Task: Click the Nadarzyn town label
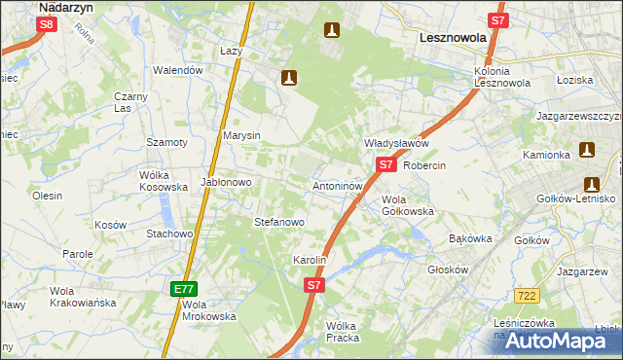[x=65, y=7]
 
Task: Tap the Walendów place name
[x=178, y=70]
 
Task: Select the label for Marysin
[x=241, y=135]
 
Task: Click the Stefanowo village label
[x=279, y=222]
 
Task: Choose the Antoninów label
[x=338, y=185]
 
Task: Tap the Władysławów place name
[x=396, y=143]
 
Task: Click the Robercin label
[x=423, y=165]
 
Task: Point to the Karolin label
[x=309, y=261]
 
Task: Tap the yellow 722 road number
[x=529, y=294]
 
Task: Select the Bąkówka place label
[x=471, y=238]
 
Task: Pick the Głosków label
[x=449, y=272]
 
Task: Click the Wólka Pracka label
[x=342, y=332]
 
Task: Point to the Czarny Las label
[x=129, y=102]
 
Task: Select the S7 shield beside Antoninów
[x=385, y=164]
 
